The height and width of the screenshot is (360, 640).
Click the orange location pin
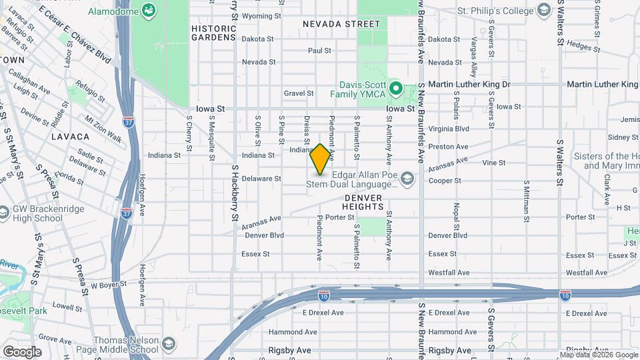point(321,159)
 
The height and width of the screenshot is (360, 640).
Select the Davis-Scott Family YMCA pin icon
point(395,88)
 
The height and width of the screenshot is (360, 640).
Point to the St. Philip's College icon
point(544,11)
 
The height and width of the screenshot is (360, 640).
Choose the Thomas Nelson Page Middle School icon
point(169,343)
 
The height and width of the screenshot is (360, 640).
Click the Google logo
point(21,351)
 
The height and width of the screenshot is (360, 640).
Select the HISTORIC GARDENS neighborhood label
point(213,33)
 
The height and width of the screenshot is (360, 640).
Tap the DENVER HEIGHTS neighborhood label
point(364,202)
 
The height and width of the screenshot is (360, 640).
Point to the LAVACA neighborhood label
point(70,137)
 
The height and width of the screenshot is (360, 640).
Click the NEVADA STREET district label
point(341,24)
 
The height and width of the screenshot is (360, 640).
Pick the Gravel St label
point(298,93)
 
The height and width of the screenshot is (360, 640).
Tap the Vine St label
point(493,162)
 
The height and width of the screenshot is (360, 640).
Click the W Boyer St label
point(107,285)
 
